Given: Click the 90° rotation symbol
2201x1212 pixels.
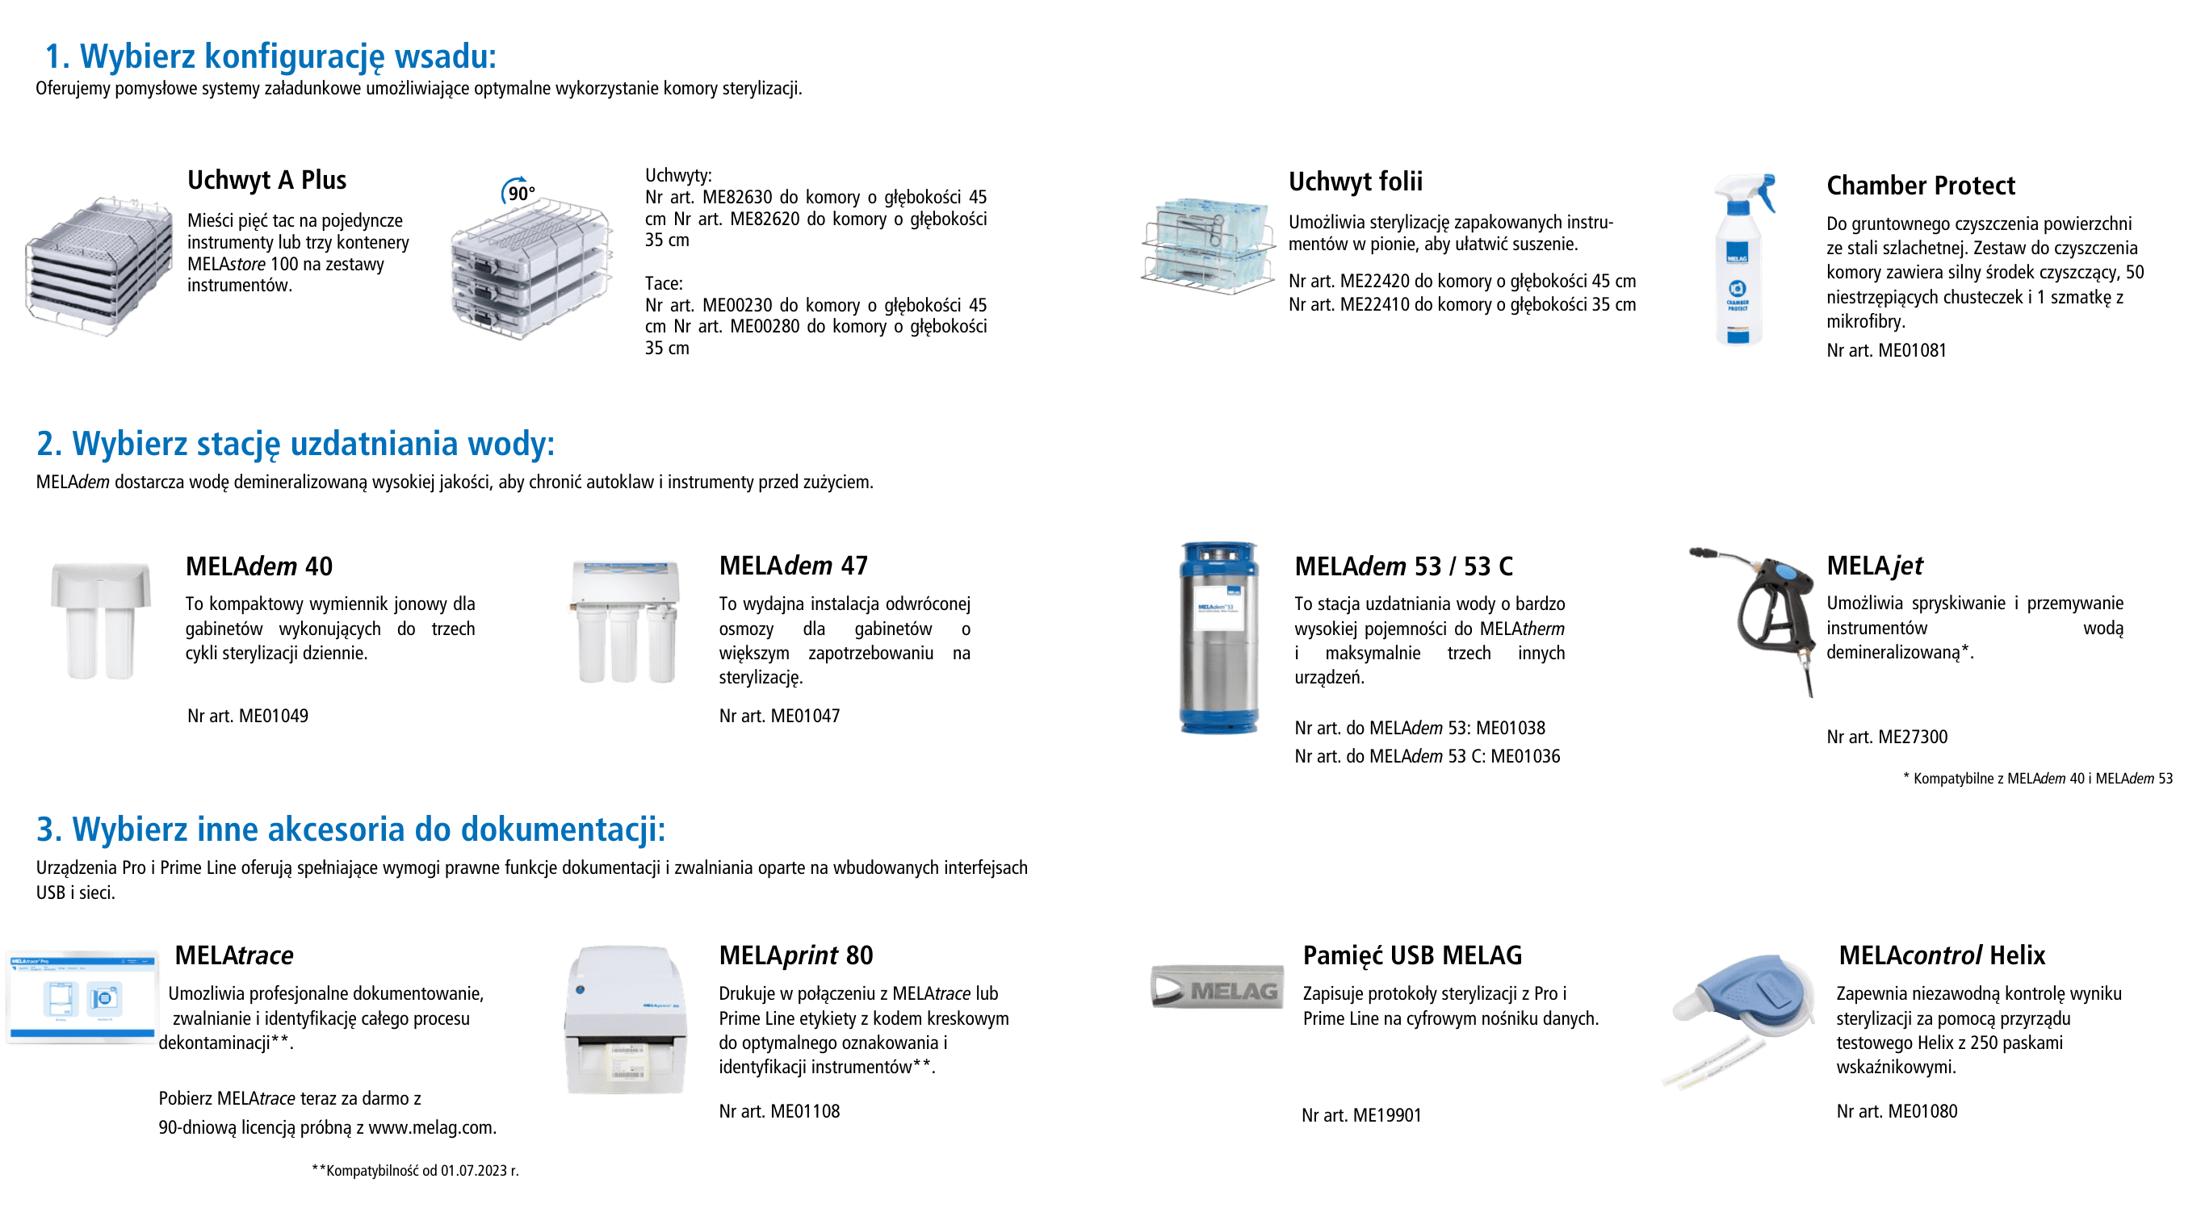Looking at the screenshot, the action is [x=518, y=191].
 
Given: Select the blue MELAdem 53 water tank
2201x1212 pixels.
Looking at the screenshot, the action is [x=1218, y=637].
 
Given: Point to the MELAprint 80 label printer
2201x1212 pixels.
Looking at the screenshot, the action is [x=627, y=1019].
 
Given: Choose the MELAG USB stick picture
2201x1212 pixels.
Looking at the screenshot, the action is [x=1217, y=988].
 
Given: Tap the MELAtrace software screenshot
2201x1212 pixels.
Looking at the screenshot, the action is [x=82, y=997].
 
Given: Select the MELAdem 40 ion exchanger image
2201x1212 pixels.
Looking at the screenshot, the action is [x=101, y=620].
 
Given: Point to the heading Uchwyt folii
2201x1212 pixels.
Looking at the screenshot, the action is [x=1355, y=181].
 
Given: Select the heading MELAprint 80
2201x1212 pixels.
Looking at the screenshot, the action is [x=795, y=955].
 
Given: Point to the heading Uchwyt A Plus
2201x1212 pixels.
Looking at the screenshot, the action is [x=266, y=180].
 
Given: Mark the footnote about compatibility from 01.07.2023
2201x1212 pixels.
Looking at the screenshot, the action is [x=415, y=1170].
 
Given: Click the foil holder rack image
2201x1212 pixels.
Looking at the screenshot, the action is [x=1206, y=248].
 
